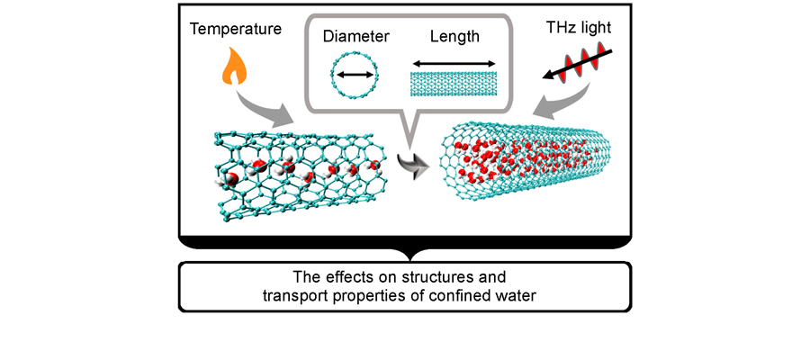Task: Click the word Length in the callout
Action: click(x=454, y=38)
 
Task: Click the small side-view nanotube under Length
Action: click(x=454, y=84)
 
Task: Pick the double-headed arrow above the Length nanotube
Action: click(x=454, y=65)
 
